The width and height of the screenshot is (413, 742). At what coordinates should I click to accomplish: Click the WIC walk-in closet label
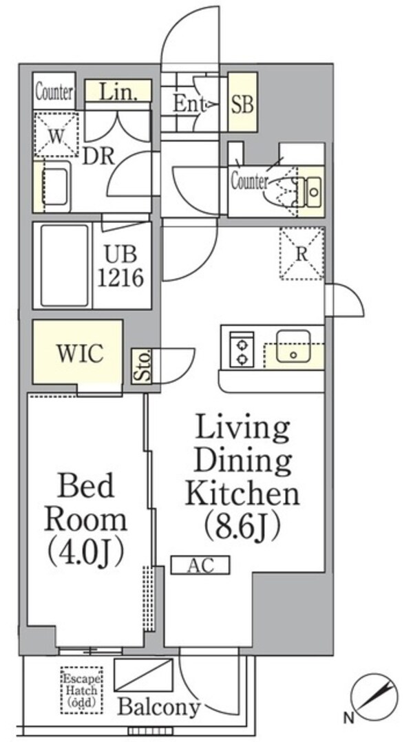click(80, 353)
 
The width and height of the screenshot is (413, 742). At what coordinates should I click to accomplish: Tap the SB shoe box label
click(242, 104)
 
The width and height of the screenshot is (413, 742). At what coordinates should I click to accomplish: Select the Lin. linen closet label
click(118, 92)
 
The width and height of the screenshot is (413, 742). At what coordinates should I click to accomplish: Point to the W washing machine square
click(56, 135)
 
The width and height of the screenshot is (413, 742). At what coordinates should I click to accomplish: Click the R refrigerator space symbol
click(301, 253)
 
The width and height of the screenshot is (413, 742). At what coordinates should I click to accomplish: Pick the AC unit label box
click(200, 565)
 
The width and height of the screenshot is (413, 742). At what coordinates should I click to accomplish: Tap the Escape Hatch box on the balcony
click(81, 690)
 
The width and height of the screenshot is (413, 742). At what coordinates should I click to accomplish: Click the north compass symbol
click(374, 697)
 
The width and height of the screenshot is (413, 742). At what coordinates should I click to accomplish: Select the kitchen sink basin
click(293, 346)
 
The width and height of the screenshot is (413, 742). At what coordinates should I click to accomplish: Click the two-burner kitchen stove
click(242, 349)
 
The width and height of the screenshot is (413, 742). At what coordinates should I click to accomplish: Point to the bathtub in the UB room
click(65, 266)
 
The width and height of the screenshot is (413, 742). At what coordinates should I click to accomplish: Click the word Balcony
click(159, 707)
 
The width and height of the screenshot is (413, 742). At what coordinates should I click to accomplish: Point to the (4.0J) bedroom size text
click(85, 553)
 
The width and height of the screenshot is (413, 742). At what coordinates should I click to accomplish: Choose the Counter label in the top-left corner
click(54, 92)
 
